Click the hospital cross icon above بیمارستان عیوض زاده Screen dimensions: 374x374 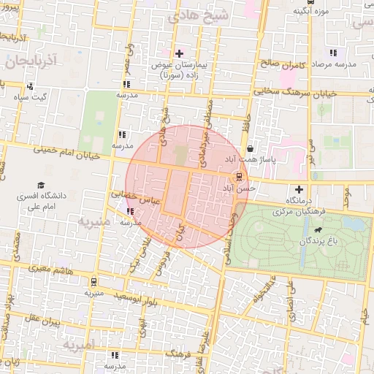click(x=179, y=53)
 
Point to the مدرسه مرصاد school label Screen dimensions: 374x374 click(x=333, y=64)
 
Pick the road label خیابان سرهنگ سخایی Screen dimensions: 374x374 click(x=299, y=93)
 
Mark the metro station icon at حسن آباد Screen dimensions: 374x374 click(x=239, y=176)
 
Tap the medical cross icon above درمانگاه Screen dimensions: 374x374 click(x=299, y=189)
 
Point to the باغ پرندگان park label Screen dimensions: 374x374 click(x=318, y=241)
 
